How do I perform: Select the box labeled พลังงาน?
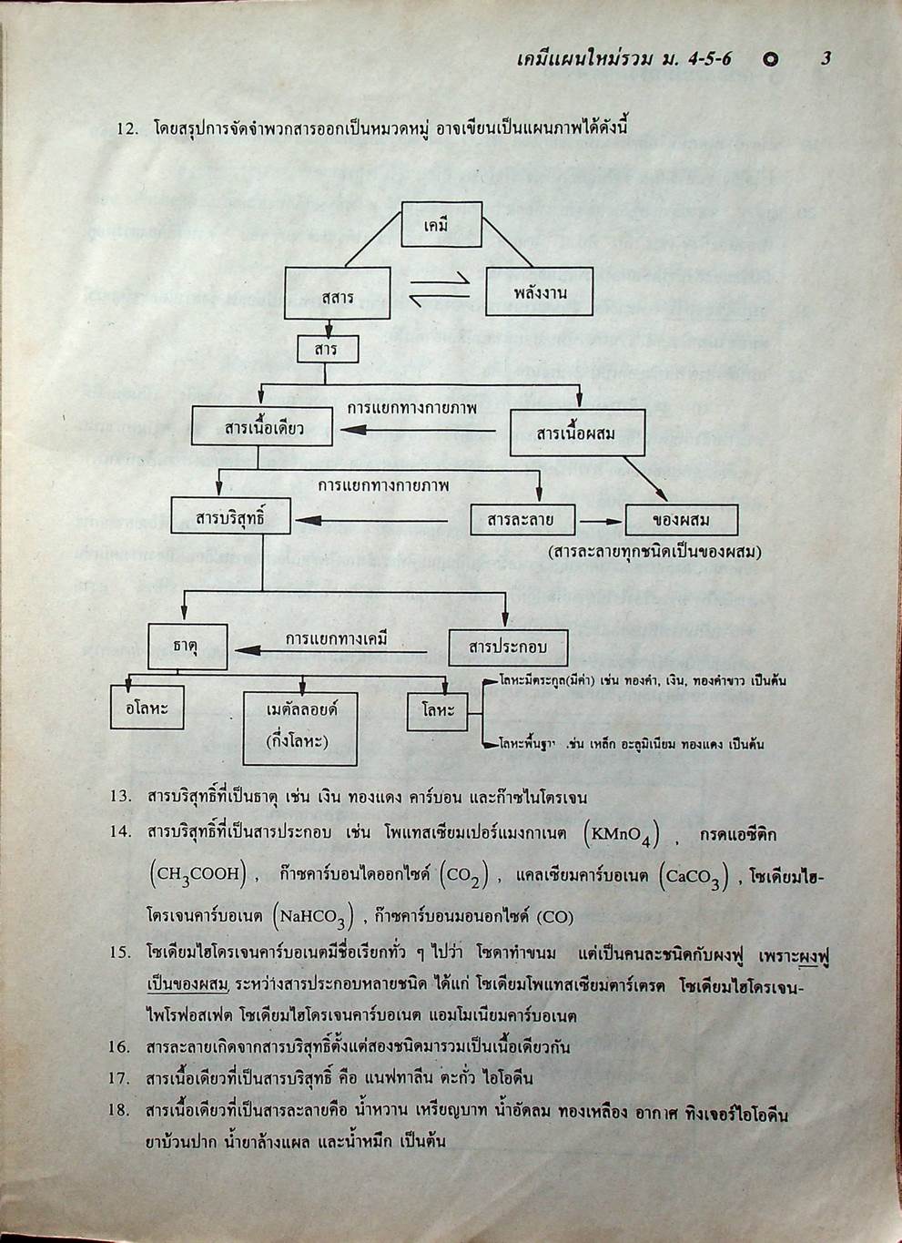click(x=540, y=293)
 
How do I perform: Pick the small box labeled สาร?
click(x=327, y=350)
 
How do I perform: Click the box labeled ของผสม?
click(x=681, y=521)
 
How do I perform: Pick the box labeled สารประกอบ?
click(x=508, y=647)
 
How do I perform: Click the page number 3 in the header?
click(x=825, y=60)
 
